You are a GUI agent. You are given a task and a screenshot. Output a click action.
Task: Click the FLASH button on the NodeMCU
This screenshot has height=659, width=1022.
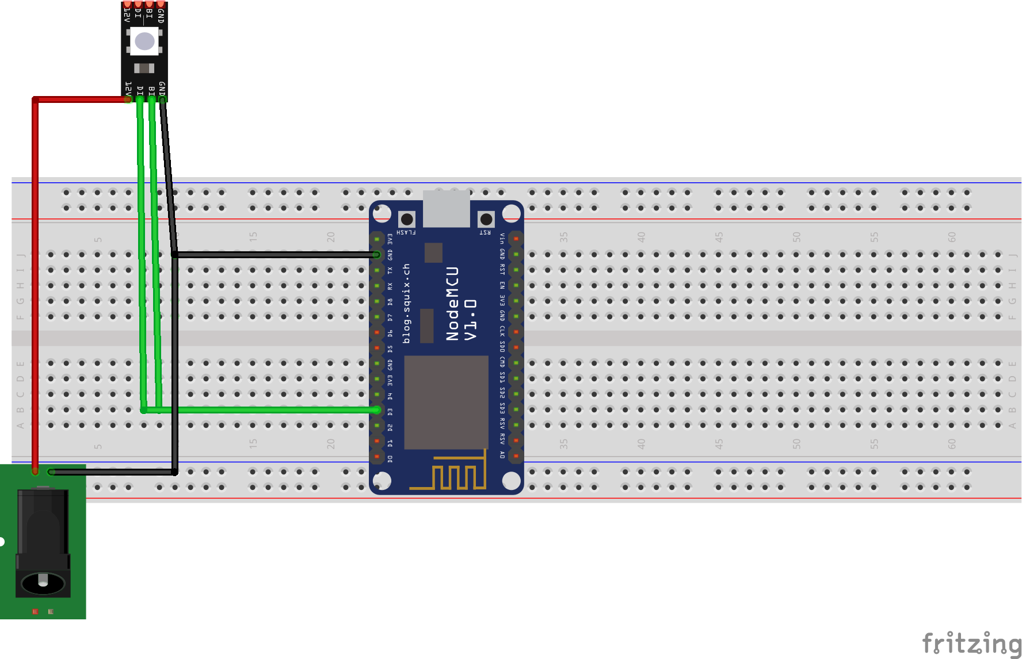pos(407,219)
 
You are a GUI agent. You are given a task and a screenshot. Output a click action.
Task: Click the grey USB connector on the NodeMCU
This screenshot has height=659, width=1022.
pos(446,208)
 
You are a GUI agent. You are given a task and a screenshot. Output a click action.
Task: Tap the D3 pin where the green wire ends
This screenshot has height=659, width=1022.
pos(377,410)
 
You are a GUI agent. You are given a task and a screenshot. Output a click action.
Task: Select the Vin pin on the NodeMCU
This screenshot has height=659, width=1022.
pos(516,238)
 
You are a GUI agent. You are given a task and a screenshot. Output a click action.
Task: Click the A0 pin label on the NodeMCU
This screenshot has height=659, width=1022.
pos(502,455)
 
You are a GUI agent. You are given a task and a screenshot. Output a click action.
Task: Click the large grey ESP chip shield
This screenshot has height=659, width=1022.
pos(446,402)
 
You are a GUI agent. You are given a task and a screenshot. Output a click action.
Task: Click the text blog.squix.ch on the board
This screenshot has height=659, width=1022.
pos(406,304)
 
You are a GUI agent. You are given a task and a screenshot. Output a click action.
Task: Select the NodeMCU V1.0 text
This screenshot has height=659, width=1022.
pos(461,304)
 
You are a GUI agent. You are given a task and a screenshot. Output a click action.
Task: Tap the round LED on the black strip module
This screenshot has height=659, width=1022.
pos(144,41)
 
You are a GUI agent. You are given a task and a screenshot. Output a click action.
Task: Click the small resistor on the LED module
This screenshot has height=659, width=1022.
pos(144,68)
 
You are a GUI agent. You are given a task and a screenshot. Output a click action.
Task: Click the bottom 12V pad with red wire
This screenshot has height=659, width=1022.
pos(128,99)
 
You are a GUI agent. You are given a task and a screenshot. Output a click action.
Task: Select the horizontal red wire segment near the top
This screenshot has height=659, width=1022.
pos(81,100)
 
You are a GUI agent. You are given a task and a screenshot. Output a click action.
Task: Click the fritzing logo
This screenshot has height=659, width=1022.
pos(971,643)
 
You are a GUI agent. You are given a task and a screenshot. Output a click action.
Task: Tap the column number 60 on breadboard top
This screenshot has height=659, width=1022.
pos(952,236)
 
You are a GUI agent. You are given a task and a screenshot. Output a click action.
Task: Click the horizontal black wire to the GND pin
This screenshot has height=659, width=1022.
pos(276,254)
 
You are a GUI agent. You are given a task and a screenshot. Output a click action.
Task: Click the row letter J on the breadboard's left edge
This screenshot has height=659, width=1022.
pos(21,255)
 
